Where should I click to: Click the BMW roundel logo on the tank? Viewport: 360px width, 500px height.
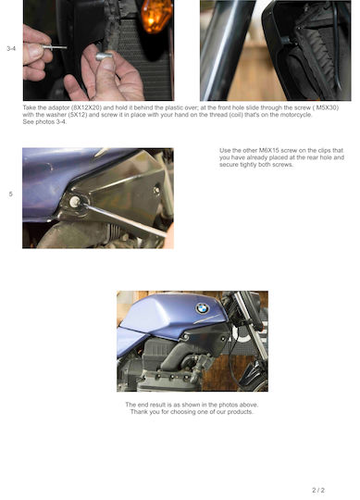pyautogui.click(x=202, y=308)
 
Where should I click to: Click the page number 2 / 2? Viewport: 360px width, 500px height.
pyautogui.click(x=318, y=490)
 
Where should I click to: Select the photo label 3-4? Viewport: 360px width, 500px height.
pyautogui.click(x=11, y=49)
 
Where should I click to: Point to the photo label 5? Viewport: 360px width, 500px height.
pyautogui.click(x=11, y=194)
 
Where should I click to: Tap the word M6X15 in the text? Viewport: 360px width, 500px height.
pyautogui.click(x=267, y=150)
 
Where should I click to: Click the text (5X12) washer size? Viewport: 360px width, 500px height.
pyautogui.click(x=78, y=115)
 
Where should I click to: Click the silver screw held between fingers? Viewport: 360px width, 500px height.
pyautogui.click(x=55, y=47)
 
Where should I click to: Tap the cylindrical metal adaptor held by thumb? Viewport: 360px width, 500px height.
pyautogui.click(x=105, y=56)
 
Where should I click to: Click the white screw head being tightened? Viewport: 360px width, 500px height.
pyautogui.click(x=75, y=201)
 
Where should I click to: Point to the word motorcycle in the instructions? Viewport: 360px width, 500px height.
pyautogui.click(x=296, y=115)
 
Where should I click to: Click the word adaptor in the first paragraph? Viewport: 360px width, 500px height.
pyautogui.click(x=58, y=107)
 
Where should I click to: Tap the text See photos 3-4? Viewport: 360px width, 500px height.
pyautogui.click(x=44, y=122)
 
